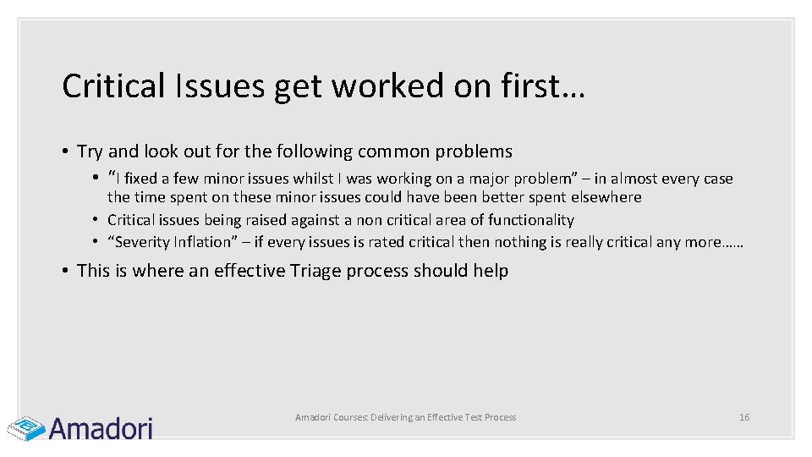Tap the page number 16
tap(744, 417)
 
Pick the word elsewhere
tap(606, 197)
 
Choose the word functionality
tap(531, 220)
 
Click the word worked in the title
tap(377, 85)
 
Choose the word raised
tap(246, 220)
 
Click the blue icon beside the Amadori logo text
tap(25, 427)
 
